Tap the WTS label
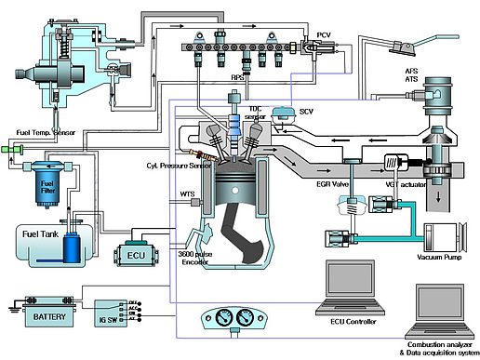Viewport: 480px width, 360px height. pos(186,193)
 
